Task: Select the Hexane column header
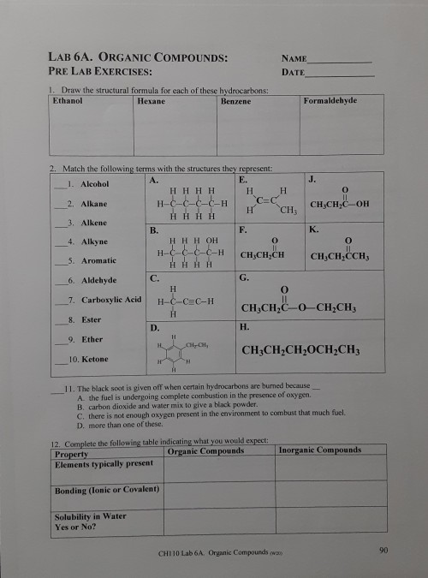click(151, 101)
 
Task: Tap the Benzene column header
click(235, 101)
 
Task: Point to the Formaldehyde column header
click(330, 100)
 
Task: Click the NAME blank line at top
click(340, 62)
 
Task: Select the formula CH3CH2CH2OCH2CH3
click(301, 352)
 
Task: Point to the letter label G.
click(245, 278)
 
